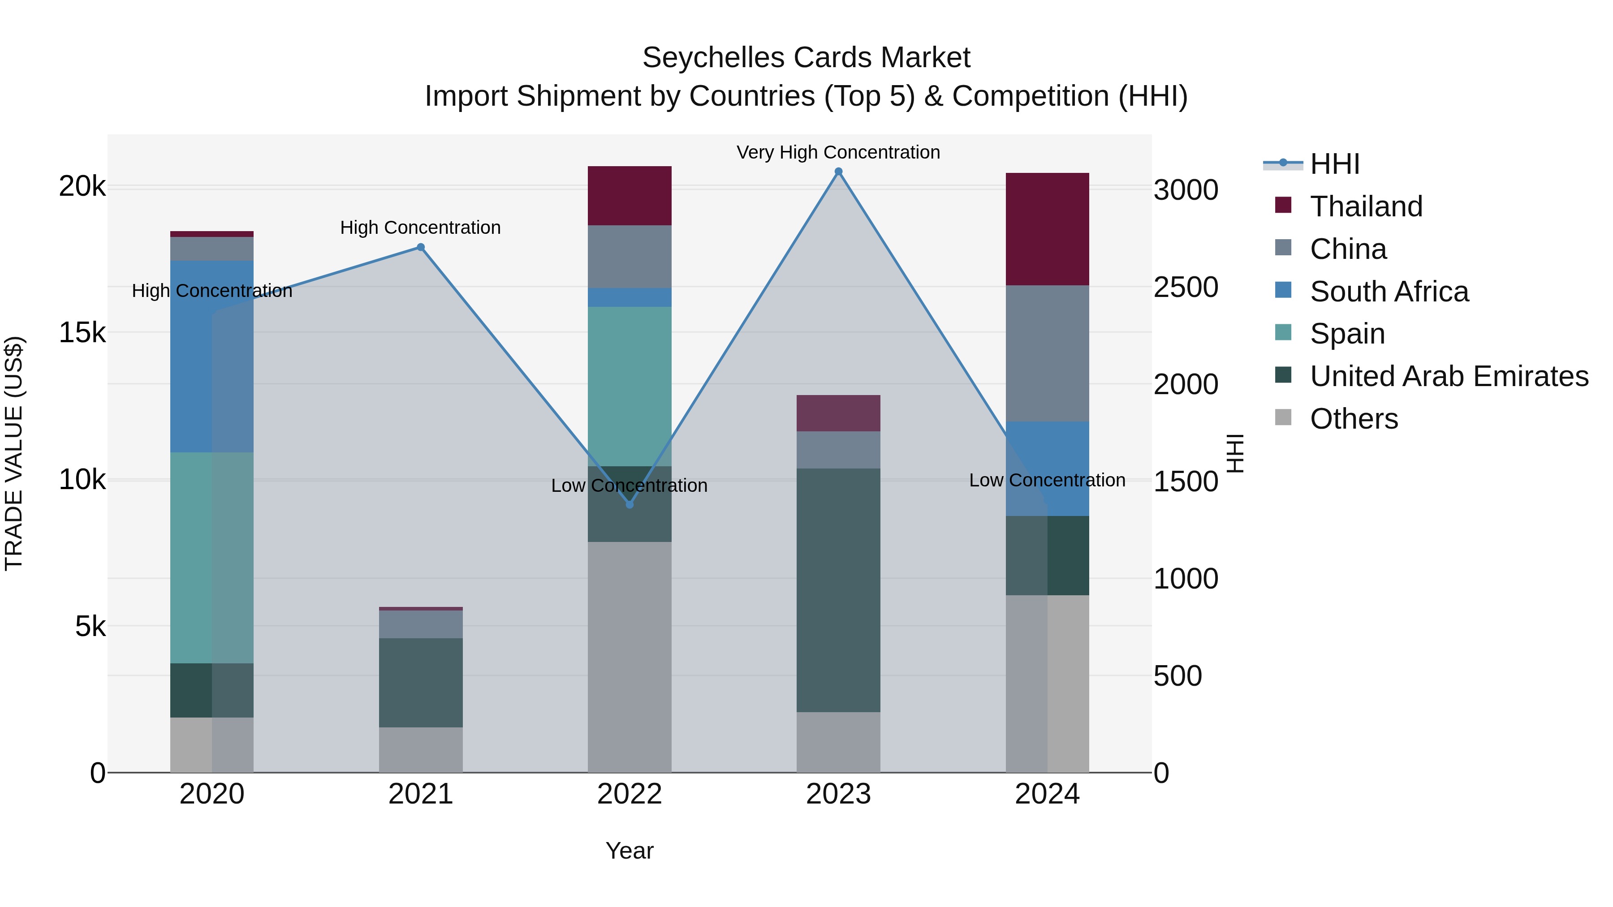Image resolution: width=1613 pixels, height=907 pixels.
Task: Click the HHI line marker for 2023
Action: pos(838,172)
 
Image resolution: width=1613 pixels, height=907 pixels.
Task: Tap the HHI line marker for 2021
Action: pos(421,247)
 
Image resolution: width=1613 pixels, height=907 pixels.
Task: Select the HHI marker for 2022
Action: pos(630,504)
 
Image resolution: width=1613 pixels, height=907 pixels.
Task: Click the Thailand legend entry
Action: pos(1366,206)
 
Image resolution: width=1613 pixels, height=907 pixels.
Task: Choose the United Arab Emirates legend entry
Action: pos(1448,376)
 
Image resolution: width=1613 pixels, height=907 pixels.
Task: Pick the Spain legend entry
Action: pos(1347,334)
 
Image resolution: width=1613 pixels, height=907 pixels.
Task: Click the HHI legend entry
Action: pos(1334,164)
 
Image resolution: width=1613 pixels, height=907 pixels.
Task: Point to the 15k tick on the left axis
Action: pos(82,333)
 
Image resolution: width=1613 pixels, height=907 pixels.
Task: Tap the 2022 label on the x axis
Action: pos(630,794)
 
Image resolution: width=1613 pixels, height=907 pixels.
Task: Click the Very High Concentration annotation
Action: pos(838,152)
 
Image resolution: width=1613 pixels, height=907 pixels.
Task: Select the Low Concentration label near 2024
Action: pos(1047,480)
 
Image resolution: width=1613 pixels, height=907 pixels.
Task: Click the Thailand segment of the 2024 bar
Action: pos(1047,229)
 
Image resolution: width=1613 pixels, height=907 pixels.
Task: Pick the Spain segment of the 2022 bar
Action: pos(630,386)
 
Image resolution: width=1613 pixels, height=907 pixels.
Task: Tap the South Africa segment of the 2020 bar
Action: pos(211,356)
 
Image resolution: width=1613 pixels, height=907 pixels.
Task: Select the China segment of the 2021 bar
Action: pos(421,624)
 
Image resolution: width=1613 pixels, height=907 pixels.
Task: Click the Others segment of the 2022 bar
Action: pos(630,657)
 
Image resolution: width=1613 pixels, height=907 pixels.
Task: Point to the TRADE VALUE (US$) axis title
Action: pos(14,453)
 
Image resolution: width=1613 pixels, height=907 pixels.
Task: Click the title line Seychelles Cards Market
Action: pos(806,58)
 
